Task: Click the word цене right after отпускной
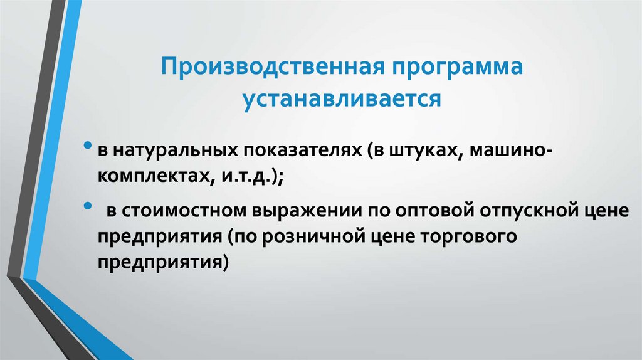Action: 608,213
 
